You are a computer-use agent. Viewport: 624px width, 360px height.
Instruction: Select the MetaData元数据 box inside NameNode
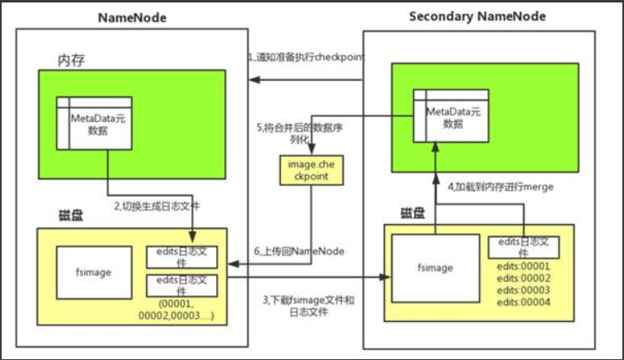[93, 124]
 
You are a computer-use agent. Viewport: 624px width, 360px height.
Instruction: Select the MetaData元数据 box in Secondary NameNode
[450, 117]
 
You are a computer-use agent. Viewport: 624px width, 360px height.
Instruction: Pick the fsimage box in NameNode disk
[89, 269]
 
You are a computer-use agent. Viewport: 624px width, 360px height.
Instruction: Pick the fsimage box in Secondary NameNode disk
[435, 268]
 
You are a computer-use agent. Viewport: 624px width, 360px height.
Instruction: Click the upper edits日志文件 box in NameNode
[181, 255]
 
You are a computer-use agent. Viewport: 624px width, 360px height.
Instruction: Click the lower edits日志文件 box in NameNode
[181, 284]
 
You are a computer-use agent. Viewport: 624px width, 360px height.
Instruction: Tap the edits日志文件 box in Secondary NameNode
[524, 246]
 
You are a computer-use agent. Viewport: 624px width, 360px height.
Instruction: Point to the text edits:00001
[523, 266]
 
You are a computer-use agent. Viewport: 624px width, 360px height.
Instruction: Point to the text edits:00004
[523, 302]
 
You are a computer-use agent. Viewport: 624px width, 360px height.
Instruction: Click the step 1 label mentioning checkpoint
[306, 57]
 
